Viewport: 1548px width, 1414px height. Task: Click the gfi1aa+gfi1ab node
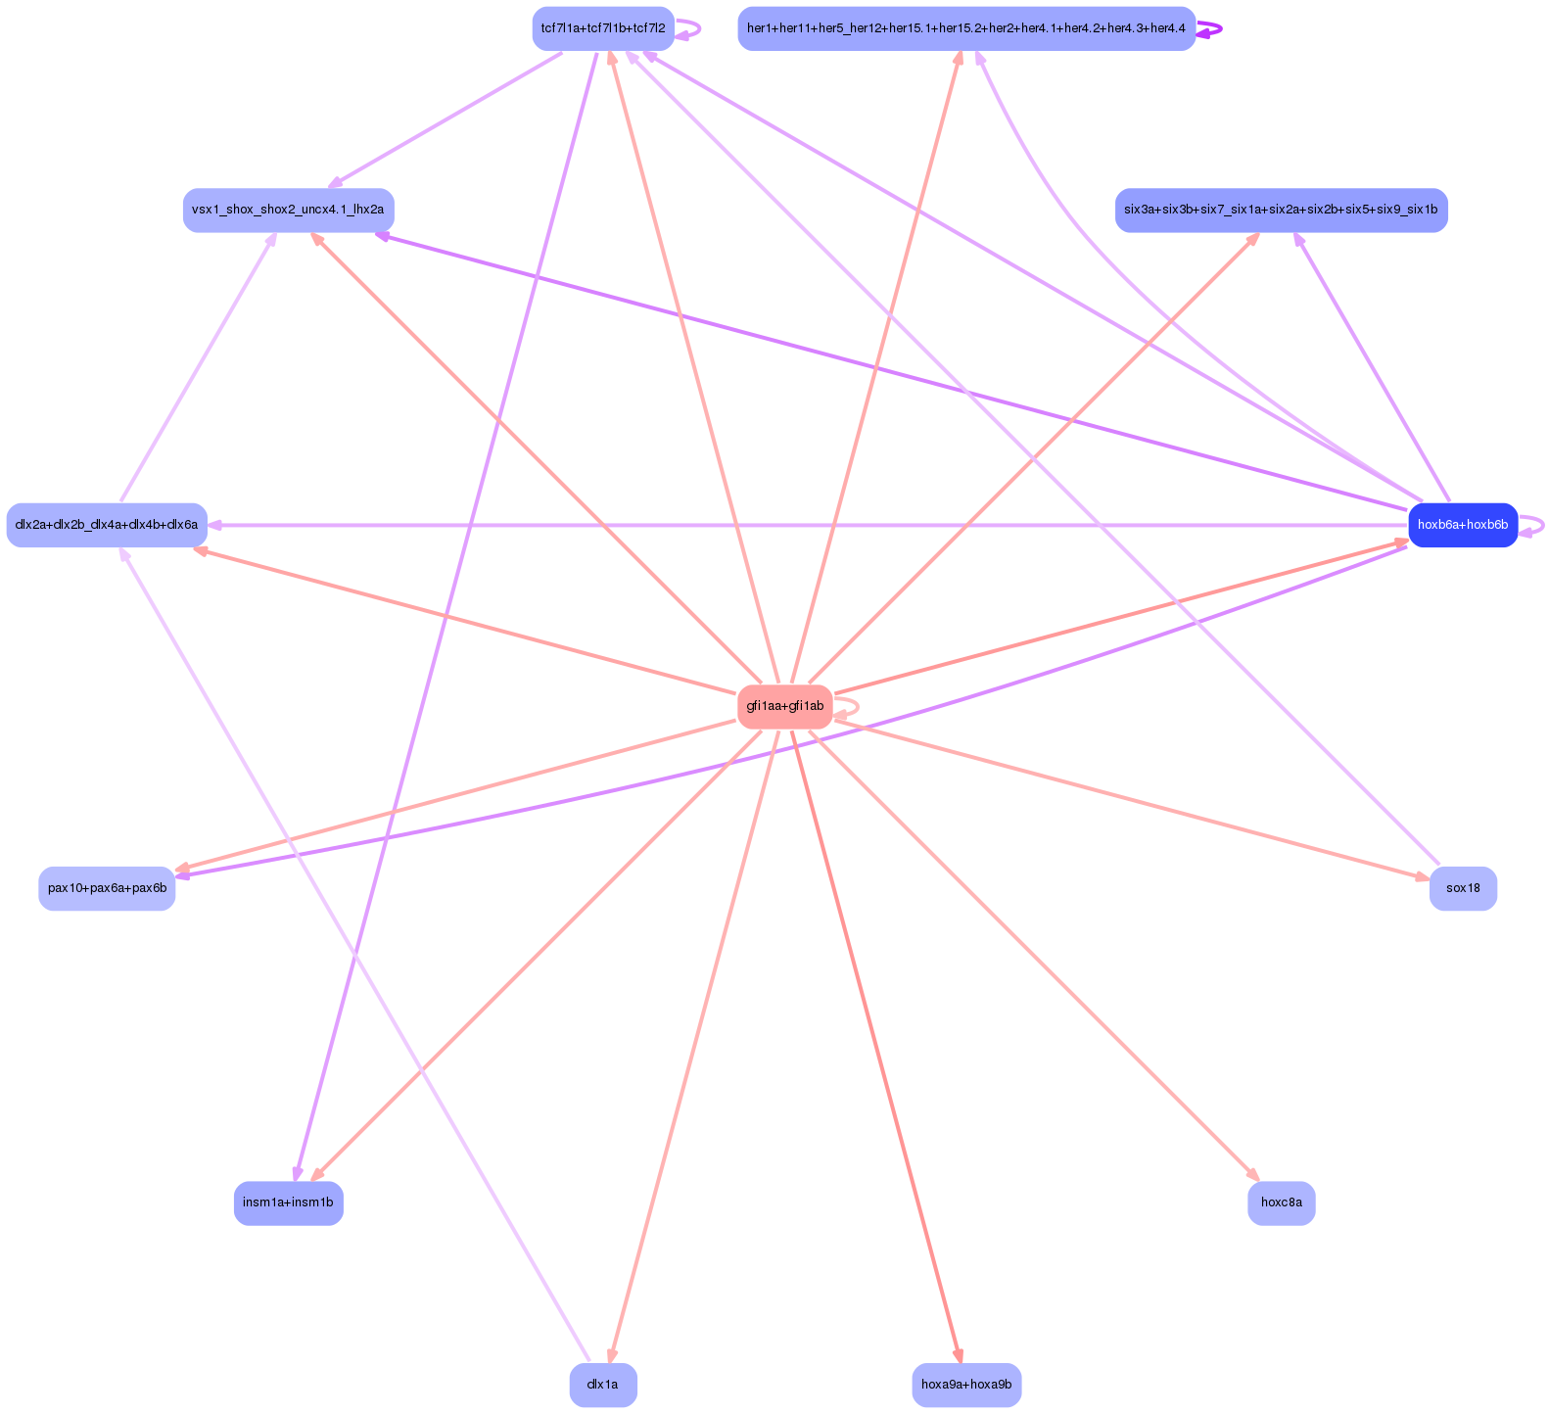784,706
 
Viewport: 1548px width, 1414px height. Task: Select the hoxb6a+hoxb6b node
1462,525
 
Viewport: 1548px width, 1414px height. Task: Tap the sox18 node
1462,888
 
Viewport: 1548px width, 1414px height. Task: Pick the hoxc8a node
1281,1202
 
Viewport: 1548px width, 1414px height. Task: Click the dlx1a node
602,1385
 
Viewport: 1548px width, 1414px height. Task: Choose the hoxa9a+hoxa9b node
965,1385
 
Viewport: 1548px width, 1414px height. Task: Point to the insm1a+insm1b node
288,1202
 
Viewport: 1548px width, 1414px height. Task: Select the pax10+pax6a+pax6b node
107,888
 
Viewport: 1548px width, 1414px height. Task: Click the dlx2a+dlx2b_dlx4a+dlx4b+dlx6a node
107,525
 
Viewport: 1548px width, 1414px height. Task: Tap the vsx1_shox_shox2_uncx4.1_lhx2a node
288,210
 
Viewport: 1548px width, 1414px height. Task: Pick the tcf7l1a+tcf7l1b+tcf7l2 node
602,28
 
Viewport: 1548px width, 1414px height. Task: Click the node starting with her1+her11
965,28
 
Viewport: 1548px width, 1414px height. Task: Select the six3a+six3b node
1281,210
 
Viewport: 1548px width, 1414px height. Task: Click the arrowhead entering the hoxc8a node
1254,1176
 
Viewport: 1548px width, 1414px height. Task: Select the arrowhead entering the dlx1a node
611,1356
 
